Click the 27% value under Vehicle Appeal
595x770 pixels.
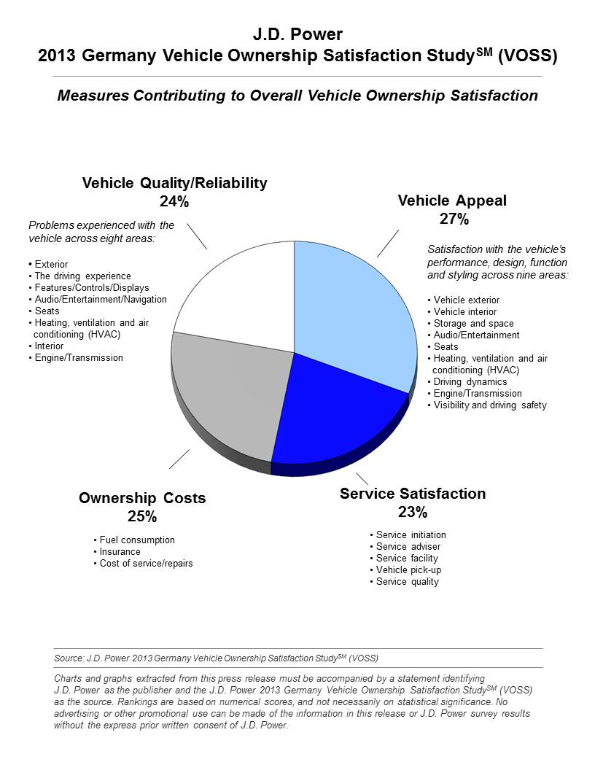click(454, 219)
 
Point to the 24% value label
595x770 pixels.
click(174, 201)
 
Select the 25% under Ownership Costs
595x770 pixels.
click(142, 516)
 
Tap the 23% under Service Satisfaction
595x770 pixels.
click(413, 512)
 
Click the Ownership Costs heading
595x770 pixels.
click(142, 498)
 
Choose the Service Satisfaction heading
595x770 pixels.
click(413, 494)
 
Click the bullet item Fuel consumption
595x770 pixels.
click(134, 540)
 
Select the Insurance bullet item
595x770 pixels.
click(117, 552)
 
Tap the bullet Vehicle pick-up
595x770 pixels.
click(405, 570)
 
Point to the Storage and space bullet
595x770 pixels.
click(471, 324)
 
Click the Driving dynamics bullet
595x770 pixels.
click(467, 382)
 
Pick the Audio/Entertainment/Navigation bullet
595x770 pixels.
click(98, 300)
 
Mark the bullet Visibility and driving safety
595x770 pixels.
click(487, 405)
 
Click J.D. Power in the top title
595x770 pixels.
click(297, 34)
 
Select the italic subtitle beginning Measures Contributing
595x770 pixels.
click(297, 96)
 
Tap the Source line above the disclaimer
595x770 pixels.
click(216, 658)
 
